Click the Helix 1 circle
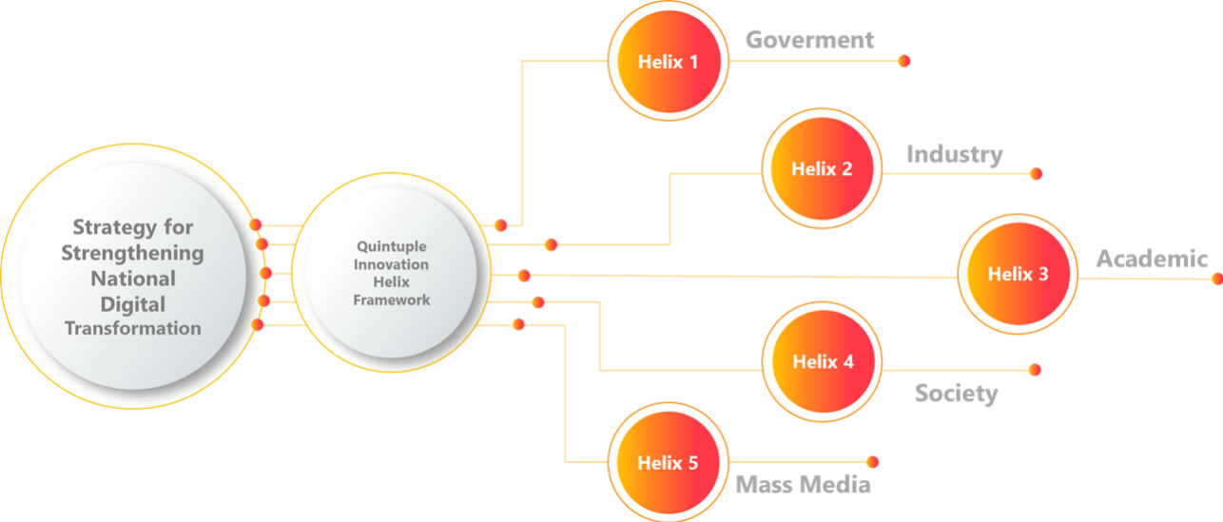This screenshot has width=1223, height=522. (668, 63)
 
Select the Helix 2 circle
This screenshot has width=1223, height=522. (822, 169)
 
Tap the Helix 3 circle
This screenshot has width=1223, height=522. (1017, 274)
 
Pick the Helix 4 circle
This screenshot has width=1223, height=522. (822, 362)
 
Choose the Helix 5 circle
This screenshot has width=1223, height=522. (668, 463)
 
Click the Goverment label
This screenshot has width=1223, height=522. (809, 40)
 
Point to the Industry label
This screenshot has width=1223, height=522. (954, 154)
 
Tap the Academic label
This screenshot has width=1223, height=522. (1151, 258)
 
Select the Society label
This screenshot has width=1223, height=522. (956, 393)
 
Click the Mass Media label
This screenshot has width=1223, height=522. (803, 484)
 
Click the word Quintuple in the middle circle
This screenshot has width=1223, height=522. (391, 246)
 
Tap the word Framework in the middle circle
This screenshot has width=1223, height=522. (391, 300)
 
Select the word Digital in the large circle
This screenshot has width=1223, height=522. (132, 304)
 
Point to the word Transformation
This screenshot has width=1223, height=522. (132, 328)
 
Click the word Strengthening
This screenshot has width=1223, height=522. (132, 253)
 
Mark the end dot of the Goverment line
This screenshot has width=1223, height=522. (903, 61)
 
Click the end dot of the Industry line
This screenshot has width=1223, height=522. (1036, 174)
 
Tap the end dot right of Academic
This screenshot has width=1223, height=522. (1216, 279)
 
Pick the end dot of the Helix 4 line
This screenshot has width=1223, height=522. (1035, 369)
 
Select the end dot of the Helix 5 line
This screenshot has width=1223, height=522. (872, 461)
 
